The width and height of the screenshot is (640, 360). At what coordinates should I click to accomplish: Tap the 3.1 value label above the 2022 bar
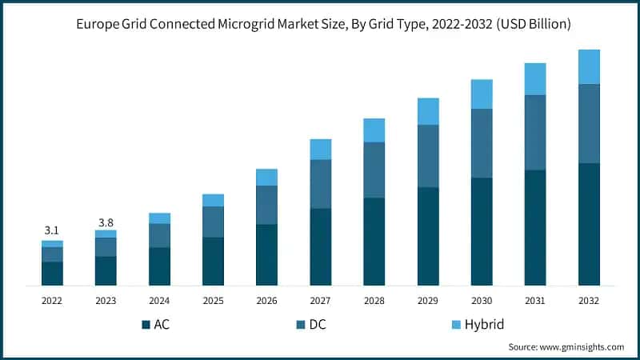point(52,230)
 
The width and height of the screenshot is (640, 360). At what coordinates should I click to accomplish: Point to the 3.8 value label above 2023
point(106,222)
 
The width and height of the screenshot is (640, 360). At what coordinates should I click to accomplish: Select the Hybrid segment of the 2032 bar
point(589,66)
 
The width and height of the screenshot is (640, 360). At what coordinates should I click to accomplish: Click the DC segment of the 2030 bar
point(482,143)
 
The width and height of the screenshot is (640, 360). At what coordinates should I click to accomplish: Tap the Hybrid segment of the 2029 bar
point(428,111)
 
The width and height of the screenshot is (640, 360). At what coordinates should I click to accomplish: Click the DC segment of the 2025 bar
point(213,222)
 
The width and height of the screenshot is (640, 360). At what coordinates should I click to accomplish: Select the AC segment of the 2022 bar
point(52,273)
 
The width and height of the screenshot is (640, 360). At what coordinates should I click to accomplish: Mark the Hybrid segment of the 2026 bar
point(266,177)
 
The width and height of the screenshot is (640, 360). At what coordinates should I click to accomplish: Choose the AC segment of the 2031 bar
point(535,227)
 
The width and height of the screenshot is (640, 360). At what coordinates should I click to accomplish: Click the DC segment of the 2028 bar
point(374,170)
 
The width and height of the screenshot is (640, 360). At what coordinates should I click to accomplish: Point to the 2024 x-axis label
point(159,301)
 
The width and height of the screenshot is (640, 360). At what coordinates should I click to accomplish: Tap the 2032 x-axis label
point(589,301)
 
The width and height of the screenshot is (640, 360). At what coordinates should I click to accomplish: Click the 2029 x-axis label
point(428,301)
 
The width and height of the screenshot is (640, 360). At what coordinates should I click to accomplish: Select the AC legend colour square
point(146,324)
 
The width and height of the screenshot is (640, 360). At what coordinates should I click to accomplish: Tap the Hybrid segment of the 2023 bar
point(106,234)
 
